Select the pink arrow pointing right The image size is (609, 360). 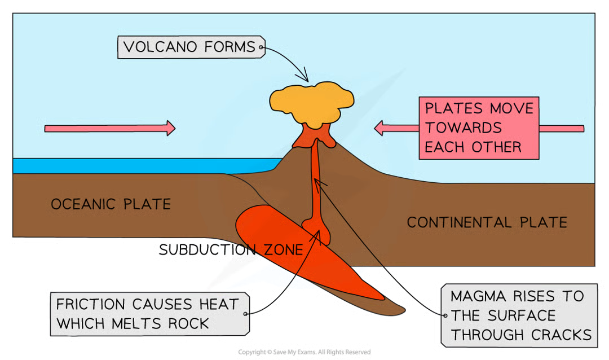click(109, 128)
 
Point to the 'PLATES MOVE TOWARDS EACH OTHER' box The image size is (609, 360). click(479, 128)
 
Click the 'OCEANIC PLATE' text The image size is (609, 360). click(111, 204)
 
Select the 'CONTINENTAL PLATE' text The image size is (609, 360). click(487, 222)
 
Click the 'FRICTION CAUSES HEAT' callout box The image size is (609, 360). click(148, 314)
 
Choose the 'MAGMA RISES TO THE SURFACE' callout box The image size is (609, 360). click(517, 314)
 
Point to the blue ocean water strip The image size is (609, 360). click(141, 166)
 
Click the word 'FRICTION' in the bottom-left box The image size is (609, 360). click(90, 305)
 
